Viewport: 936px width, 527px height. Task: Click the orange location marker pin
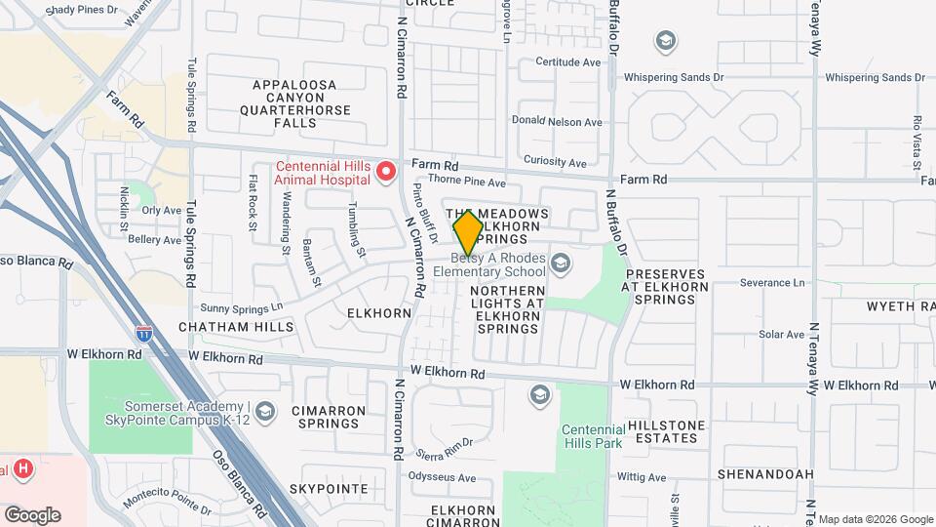(x=468, y=232)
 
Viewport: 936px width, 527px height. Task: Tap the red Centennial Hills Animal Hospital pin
(x=386, y=173)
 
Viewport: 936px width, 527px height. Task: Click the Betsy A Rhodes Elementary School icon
(x=561, y=263)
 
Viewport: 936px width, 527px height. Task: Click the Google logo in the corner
(x=32, y=515)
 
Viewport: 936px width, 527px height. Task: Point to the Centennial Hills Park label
(x=592, y=436)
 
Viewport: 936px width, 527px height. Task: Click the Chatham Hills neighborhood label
(x=223, y=327)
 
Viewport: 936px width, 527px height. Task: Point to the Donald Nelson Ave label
(x=558, y=122)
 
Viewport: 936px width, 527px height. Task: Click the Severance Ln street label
(x=772, y=283)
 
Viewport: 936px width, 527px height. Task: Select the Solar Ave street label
(x=781, y=335)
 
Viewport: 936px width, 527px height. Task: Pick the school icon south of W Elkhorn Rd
(x=539, y=395)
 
